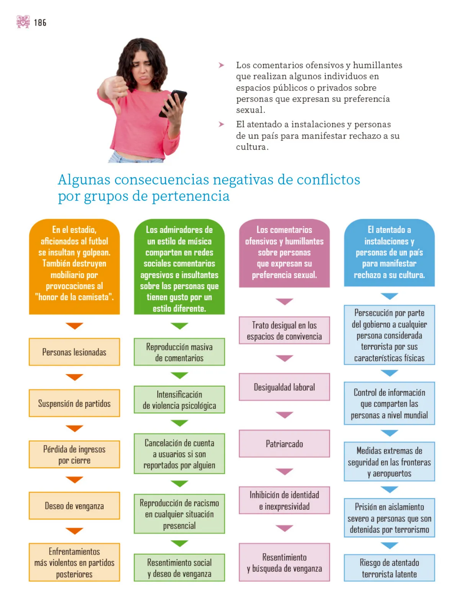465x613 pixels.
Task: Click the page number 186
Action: pos(40,23)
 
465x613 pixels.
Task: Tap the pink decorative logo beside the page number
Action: pos(23,22)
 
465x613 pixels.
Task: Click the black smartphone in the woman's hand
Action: pos(173,103)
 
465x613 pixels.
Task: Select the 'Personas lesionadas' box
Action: pos(74,352)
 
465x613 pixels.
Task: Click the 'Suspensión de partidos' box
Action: pos(74,403)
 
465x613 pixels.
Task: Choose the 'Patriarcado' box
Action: pos(284,444)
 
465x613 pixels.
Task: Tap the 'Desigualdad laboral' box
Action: pos(284,387)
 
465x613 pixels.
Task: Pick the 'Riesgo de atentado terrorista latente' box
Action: pos(390,568)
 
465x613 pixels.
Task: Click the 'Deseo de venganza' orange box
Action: pos(74,506)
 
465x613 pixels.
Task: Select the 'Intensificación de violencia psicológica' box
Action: pos(179,400)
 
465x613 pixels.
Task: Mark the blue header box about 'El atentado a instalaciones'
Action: pos(390,252)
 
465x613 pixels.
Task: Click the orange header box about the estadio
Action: pos(74,267)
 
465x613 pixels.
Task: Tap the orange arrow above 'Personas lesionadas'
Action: pos(74,326)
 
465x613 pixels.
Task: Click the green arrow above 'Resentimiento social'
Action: pos(180,543)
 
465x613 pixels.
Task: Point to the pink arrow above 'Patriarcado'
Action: pos(284,415)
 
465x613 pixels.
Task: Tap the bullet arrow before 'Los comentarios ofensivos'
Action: pos(221,66)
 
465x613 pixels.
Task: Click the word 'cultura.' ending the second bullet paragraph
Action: pos(252,147)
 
